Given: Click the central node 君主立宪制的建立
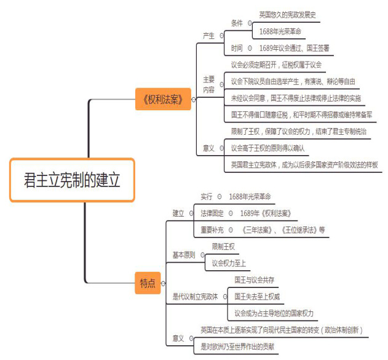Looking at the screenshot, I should (x=72, y=180).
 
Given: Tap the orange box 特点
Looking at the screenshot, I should (x=148, y=284).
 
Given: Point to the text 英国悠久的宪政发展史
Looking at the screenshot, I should (x=290, y=14).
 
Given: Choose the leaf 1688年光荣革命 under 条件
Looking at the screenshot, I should (x=280, y=31).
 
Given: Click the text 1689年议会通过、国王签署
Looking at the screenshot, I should (x=294, y=47).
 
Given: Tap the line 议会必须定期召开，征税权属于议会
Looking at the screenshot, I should (x=276, y=65).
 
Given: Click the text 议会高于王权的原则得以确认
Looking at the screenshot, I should (x=268, y=148).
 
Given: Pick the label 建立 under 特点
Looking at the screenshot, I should (x=178, y=213).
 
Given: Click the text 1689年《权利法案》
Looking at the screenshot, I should (x=265, y=213).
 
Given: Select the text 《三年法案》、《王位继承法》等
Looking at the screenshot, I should (x=283, y=230).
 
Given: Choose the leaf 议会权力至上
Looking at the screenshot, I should (x=229, y=263).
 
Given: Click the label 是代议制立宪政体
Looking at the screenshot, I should (x=196, y=297).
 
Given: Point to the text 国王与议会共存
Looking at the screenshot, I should (x=254, y=280).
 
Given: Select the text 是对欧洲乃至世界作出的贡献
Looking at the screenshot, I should (x=237, y=347).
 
